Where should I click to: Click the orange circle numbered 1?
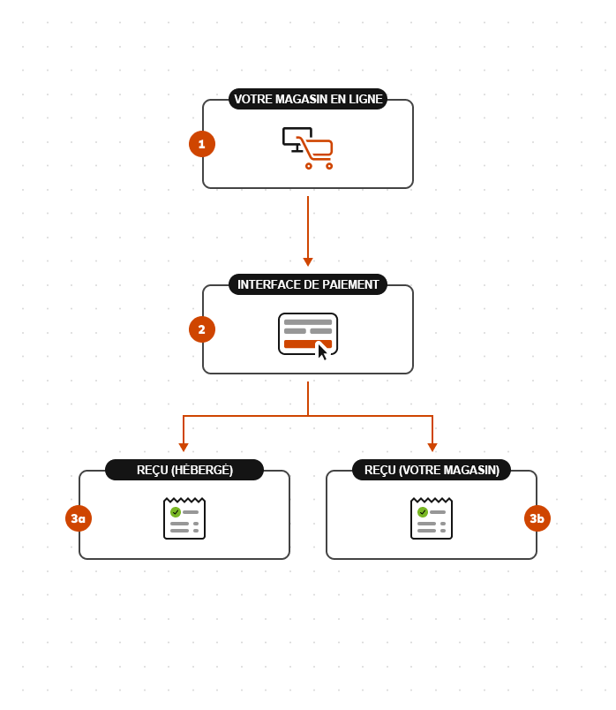tap(202, 144)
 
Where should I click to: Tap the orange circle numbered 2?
tap(202, 329)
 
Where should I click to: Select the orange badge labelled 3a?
tap(79, 518)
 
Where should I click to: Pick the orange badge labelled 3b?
tap(537, 518)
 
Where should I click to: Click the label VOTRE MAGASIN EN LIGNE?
tap(308, 99)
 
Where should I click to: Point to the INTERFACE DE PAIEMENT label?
tap(308, 284)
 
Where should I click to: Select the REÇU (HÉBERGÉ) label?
tap(184, 470)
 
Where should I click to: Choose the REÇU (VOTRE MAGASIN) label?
tap(432, 470)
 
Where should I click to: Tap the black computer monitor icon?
tap(294, 137)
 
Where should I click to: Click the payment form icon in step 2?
tap(307, 333)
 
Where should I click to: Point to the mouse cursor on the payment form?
tap(322, 351)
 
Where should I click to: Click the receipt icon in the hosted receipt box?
tap(184, 518)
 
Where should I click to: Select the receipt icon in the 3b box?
tap(432, 518)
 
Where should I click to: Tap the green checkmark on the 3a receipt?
tap(176, 512)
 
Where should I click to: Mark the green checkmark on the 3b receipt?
tap(423, 512)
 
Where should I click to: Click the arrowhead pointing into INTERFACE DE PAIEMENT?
tap(308, 261)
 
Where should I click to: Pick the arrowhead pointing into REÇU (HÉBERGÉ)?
tap(184, 447)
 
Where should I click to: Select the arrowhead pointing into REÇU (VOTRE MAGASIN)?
tap(432, 447)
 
